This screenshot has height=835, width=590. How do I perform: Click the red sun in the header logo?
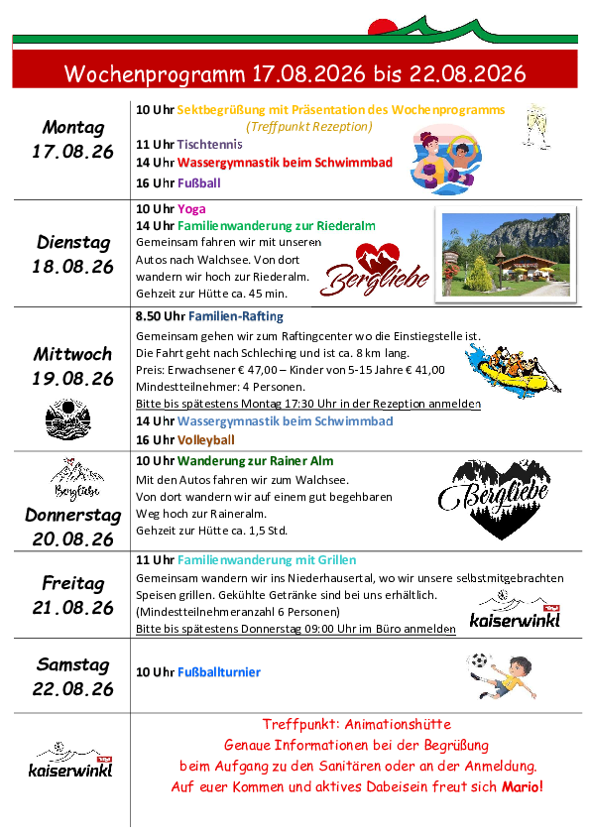coord(382,27)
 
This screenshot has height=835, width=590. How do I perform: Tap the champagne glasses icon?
coord(536,127)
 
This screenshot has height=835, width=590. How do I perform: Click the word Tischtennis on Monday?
coord(210,145)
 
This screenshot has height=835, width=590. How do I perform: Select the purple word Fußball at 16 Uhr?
coord(199,183)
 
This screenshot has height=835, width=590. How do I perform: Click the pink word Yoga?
coord(191,208)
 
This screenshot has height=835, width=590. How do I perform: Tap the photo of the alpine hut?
coord(506,255)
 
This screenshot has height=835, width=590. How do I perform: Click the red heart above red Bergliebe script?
coord(378,256)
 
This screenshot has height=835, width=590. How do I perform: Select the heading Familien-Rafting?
coord(236,316)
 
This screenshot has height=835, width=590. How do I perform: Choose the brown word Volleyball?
coord(206,440)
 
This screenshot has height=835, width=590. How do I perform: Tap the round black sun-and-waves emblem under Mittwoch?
coord(68,419)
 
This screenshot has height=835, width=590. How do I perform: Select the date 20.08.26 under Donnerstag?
coord(73,539)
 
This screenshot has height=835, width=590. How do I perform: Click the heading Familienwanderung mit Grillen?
coord(267,560)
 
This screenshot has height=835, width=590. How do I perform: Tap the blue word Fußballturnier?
coord(219,672)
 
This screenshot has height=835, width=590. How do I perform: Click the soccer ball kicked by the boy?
coord(478,661)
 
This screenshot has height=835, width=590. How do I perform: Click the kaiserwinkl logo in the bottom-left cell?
coord(70,760)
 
